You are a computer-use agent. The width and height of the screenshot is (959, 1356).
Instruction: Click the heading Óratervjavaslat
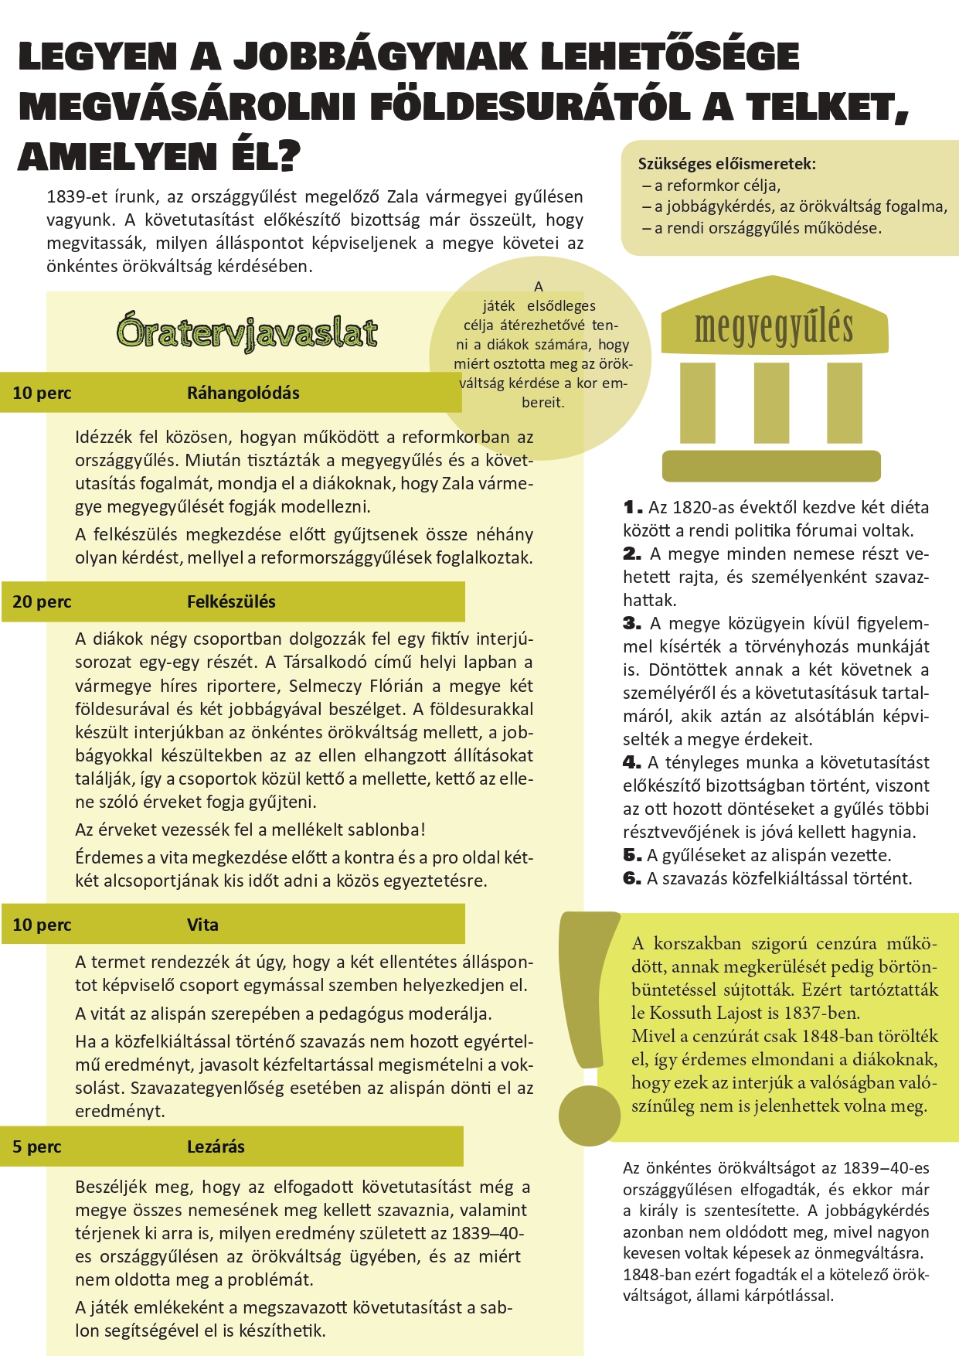point(247,332)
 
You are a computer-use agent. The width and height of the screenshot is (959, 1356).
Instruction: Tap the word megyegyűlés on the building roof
point(774,328)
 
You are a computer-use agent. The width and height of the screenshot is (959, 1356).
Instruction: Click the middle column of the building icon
point(771,402)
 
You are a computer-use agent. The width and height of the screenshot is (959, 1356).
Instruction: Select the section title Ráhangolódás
point(243,393)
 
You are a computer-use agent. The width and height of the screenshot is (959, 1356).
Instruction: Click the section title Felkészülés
point(231,601)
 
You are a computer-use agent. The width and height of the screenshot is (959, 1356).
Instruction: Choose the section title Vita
point(202,925)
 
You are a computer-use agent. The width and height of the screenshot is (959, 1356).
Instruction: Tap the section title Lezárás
point(216,1146)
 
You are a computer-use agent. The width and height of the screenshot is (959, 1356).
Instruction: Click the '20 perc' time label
point(42,601)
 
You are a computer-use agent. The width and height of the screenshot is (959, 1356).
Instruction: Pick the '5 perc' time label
point(36,1146)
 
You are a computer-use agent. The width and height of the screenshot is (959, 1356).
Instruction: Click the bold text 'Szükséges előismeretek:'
point(726,164)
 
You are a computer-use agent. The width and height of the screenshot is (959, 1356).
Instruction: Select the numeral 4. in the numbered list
point(631,763)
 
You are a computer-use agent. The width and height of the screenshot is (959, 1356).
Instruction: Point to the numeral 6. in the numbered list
point(631,879)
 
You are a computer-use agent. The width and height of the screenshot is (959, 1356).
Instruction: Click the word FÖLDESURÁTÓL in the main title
point(529,107)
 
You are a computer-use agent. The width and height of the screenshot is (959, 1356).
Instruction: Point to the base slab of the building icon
point(771,466)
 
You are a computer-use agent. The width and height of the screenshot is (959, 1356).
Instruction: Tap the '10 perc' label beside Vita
point(42,925)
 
